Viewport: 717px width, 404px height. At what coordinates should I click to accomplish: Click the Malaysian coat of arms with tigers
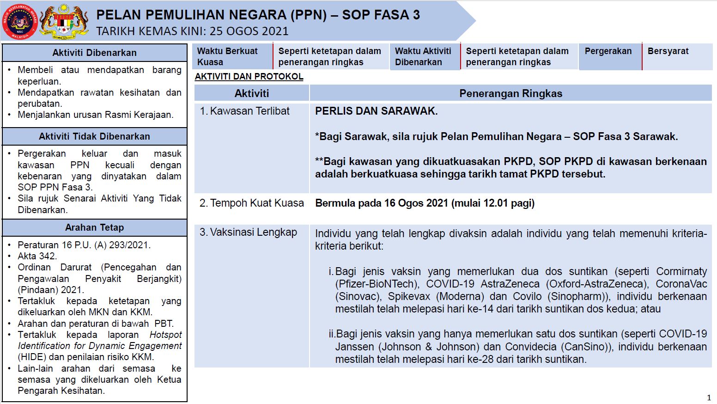(65, 21)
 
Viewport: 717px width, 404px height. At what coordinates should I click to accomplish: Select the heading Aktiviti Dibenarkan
(94, 53)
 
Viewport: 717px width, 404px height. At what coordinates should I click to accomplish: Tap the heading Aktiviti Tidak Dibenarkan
(94, 136)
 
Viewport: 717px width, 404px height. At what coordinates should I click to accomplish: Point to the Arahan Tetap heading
(94, 227)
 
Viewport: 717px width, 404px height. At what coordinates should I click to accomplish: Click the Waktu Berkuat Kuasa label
(227, 56)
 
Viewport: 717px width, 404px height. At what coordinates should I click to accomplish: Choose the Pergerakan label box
(608, 51)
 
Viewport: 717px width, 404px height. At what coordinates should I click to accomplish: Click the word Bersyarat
(668, 51)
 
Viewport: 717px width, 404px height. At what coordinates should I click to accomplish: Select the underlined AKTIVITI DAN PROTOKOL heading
(249, 77)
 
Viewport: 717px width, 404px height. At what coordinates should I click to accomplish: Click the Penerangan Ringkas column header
(510, 93)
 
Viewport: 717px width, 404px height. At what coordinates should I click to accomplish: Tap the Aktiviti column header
(251, 93)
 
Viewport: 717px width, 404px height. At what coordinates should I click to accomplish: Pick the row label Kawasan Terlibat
(249, 111)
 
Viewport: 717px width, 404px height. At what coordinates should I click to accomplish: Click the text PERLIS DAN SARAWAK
(376, 111)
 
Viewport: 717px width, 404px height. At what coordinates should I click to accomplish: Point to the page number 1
(709, 398)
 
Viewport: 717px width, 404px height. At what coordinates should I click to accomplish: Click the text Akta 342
(37, 256)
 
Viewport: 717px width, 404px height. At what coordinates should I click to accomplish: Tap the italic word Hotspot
(165, 335)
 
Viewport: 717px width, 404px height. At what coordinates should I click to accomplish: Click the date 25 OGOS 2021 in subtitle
(249, 31)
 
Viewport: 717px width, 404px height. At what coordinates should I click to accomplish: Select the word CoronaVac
(681, 284)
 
